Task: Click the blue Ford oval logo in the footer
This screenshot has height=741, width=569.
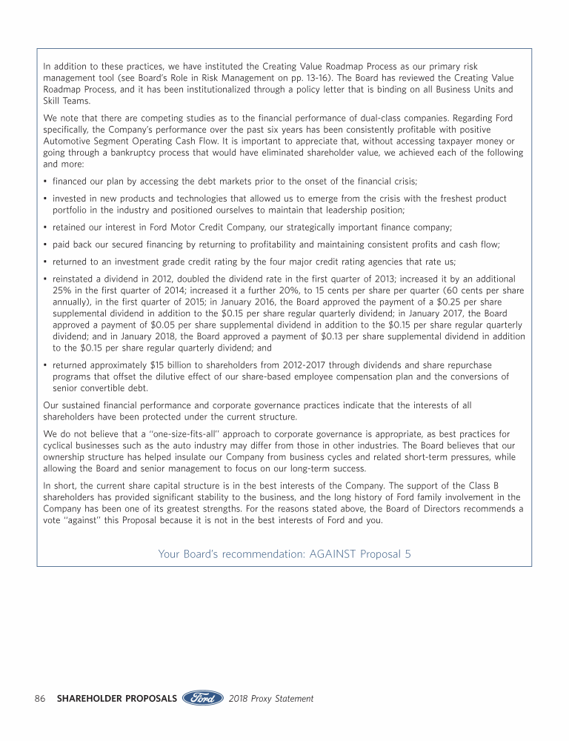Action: [202, 698]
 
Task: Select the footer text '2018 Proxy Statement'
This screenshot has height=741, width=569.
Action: [271, 699]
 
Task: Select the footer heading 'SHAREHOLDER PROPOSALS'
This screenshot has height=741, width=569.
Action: [116, 699]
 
